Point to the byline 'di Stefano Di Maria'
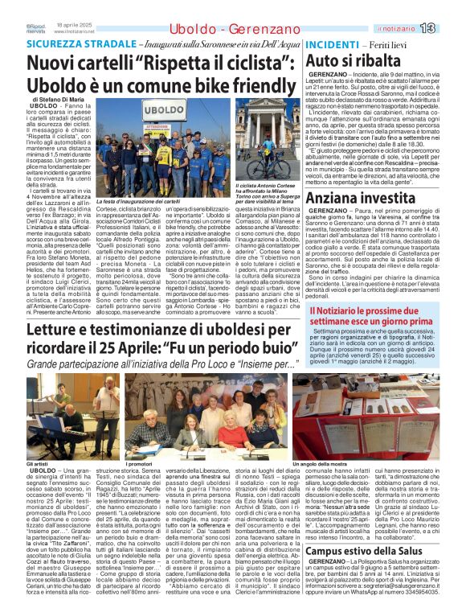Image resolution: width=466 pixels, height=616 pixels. [x=58, y=101]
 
